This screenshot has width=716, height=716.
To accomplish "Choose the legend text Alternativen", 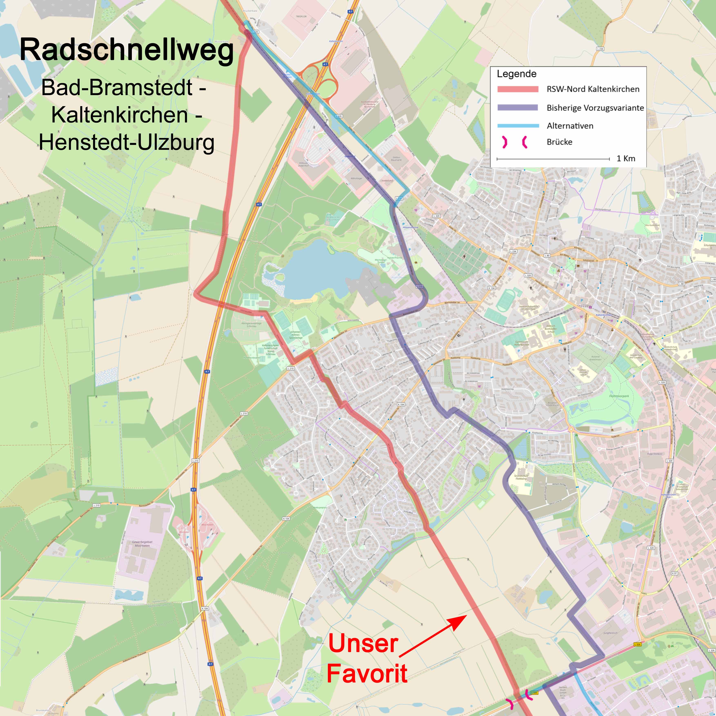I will tap(570, 126).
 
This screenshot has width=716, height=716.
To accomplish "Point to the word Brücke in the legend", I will tap(559, 142).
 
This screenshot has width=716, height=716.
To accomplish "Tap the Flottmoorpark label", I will tap(619, 396).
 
